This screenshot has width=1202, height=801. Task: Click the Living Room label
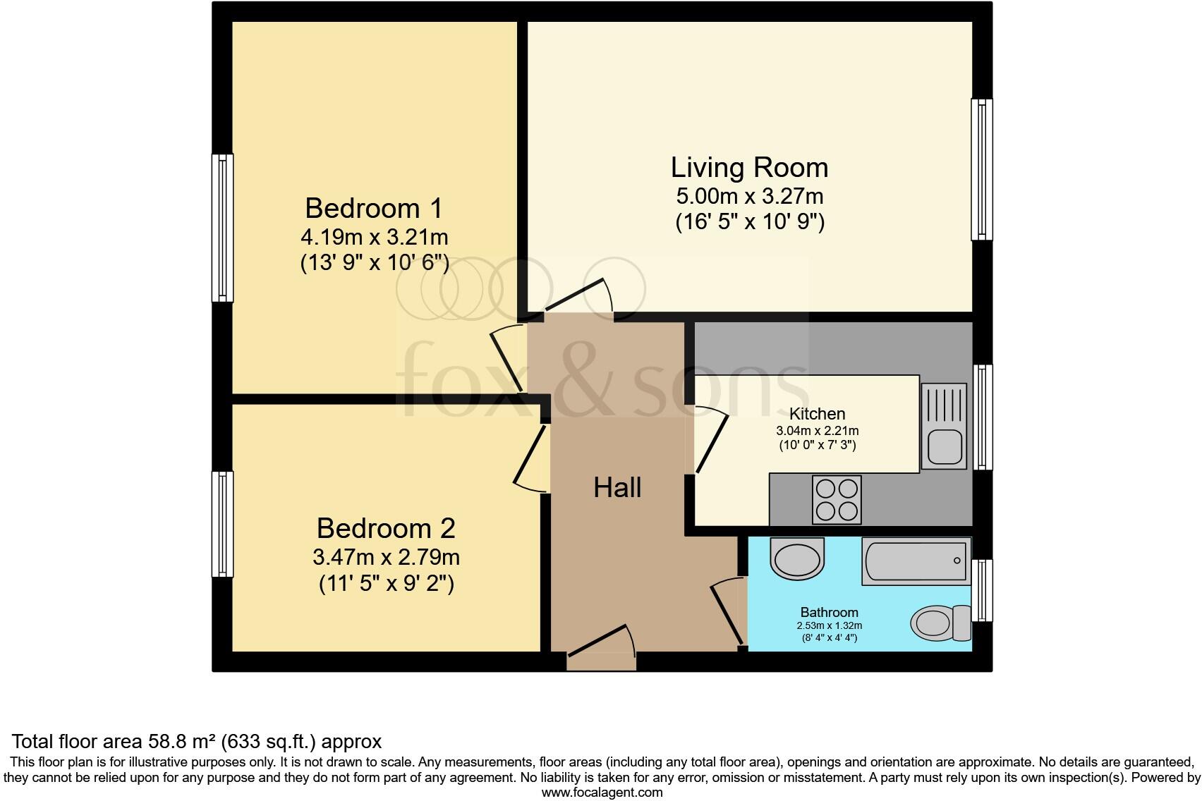[749, 167]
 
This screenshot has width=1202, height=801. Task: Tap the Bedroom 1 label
[374, 208]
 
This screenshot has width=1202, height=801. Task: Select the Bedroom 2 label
[386, 528]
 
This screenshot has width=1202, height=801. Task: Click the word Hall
[617, 488]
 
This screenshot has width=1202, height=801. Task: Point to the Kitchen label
[818, 414]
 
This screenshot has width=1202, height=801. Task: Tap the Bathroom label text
[829, 612]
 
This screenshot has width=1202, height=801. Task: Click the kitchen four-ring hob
[837, 499]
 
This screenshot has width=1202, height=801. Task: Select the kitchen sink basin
[945, 446]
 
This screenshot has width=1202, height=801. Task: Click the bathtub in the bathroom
[916, 561]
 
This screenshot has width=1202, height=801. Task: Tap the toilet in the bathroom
[941, 623]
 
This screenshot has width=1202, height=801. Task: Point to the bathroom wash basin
[797, 558]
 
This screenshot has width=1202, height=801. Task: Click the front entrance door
[602, 640]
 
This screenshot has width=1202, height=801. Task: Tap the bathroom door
[729, 611]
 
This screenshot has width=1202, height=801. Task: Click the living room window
[981, 169]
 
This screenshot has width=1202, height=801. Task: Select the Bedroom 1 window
[222, 228]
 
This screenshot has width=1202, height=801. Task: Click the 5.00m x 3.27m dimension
[749, 196]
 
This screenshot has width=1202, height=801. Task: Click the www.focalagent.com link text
[602, 793]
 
